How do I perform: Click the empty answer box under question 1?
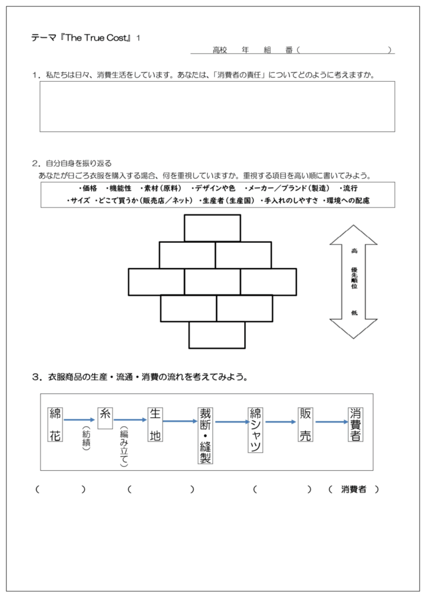217,106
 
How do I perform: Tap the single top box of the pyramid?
212,228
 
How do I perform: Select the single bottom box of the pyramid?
217,335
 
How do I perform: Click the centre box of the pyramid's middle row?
212,282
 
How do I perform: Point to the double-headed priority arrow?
354,282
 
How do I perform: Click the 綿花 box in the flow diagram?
55,424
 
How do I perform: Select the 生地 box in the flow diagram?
155,424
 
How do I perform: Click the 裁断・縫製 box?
205,435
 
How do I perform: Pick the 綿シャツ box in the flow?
255,430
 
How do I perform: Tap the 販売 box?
305,424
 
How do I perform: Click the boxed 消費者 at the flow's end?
355,424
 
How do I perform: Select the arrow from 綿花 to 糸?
80,420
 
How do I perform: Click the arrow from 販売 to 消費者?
331,422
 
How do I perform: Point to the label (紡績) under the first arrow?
86,440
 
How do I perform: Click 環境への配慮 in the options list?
352,201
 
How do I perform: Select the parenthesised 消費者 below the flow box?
354,489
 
